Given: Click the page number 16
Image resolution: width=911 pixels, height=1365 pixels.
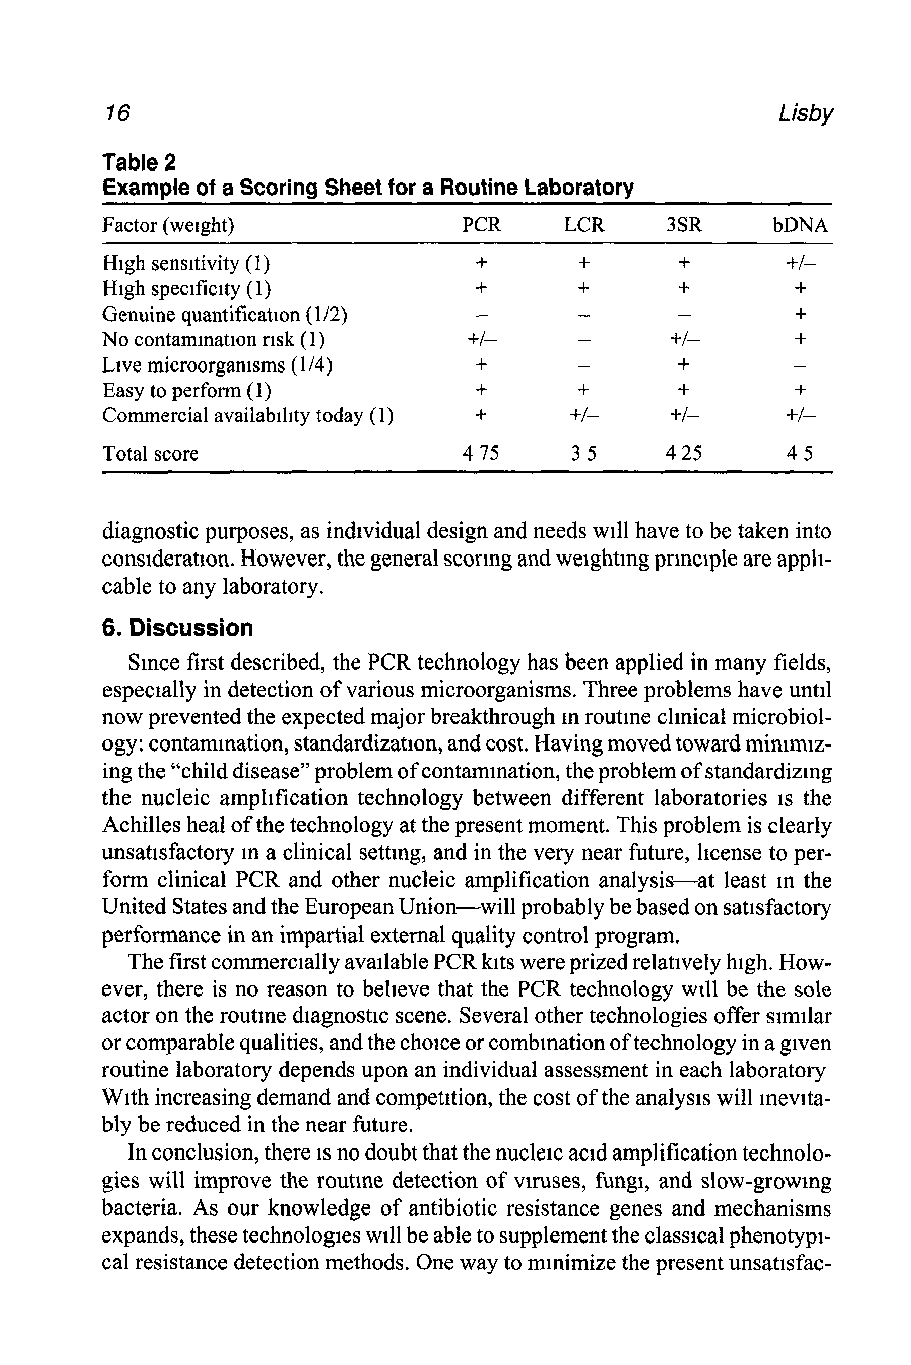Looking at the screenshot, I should click(x=117, y=113).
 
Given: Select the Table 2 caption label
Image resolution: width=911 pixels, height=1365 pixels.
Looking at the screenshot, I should click(x=139, y=162).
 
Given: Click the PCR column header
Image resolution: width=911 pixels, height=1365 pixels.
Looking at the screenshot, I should click(x=481, y=225).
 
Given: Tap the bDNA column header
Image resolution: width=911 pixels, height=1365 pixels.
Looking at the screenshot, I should click(x=800, y=225).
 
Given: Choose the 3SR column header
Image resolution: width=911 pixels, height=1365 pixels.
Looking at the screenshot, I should click(x=684, y=225).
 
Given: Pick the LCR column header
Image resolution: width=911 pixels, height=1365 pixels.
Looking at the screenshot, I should click(x=584, y=225).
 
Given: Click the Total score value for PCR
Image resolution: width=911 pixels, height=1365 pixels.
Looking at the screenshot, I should click(x=481, y=453).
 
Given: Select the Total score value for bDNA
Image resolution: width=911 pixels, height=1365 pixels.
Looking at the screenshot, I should click(x=800, y=453).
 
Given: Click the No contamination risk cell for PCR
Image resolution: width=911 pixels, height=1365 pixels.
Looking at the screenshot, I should click(x=482, y=339).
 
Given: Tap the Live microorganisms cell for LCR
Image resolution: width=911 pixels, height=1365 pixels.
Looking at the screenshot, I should click(x=584, y=365).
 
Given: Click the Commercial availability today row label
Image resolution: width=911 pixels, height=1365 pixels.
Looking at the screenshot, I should click(x=247, y=415).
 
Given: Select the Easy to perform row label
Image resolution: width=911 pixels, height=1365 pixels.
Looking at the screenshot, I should click(x=186, y=391).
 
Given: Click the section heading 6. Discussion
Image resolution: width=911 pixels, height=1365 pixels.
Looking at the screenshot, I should click(x=178, y=628).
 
